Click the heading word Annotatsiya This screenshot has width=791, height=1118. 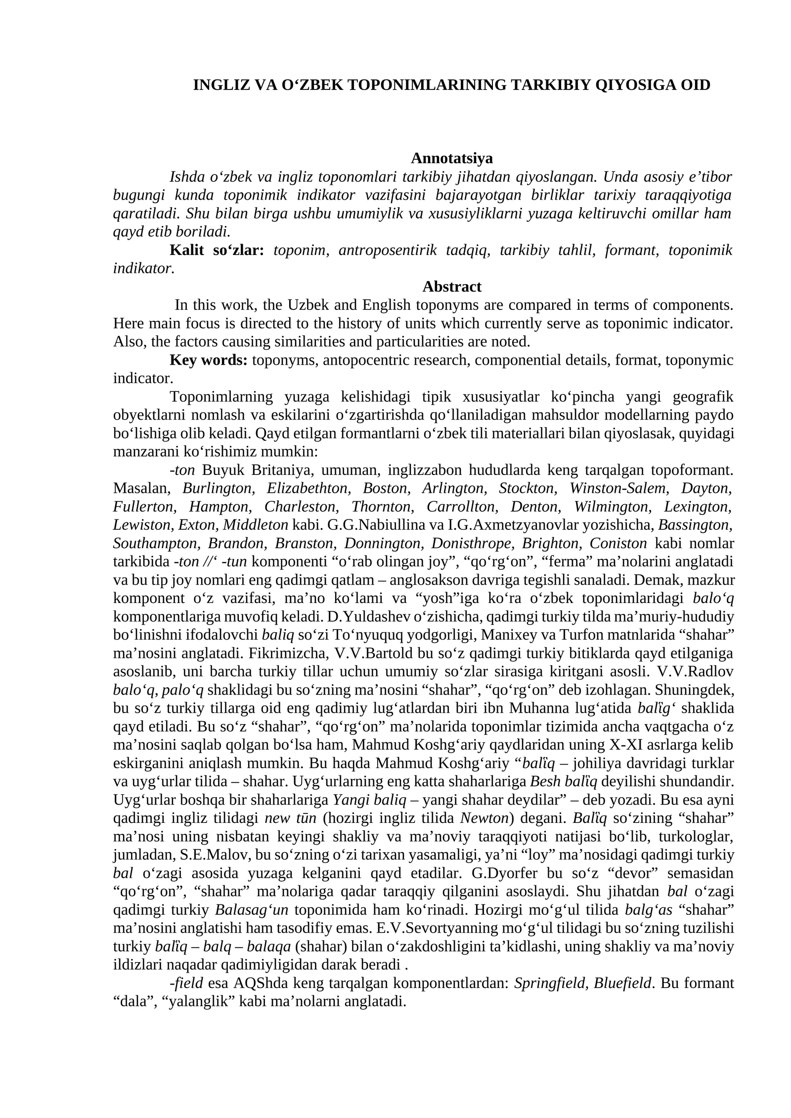tap(451, 158)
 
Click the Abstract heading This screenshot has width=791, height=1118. tap(451, 287)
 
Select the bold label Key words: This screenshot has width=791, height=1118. tap(208, 360)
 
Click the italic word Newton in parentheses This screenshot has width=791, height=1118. tap(484, 818)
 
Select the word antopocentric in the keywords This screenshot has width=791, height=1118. tap(365, 360)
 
